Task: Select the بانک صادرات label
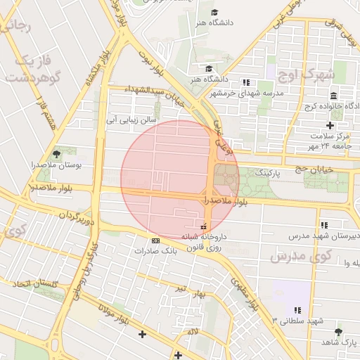[154, 250]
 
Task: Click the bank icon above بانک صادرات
[155, 240]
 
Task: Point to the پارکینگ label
[267, 172]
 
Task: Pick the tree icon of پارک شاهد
[339, 331]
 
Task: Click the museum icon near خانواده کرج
[333, 96]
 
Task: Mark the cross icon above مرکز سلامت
[330, 124]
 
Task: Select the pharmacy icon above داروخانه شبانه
[204, 226]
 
